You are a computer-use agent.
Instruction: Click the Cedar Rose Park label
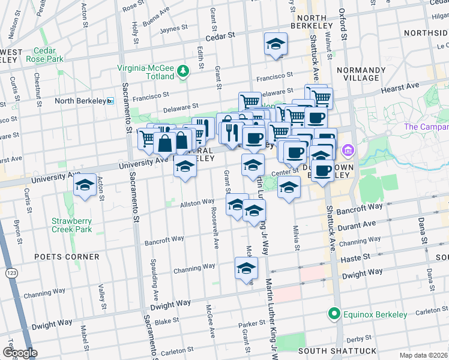pyautogui.click(x=49, y=55)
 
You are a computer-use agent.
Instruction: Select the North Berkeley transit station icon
pyautogui.click(x=110, y=101)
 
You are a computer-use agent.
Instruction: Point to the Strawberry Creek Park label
pyautogui.click(x=71, y=224)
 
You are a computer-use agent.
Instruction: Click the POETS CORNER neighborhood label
pyautogui.click(x=67, y=257)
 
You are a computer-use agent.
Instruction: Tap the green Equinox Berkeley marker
pyautogui.click(x=333, y=314)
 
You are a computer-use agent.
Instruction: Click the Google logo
pyautogui.click(x=20, y=352)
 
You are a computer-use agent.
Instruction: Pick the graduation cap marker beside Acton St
pyautogui.click(x=85, y=185)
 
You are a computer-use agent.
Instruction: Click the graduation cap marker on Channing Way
pyautogui.click(x=246, y=269)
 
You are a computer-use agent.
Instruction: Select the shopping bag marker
pyautogui.click(x=164, y=144)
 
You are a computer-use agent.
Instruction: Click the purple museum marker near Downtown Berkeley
pyautogui.click(x=346, y=149)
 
